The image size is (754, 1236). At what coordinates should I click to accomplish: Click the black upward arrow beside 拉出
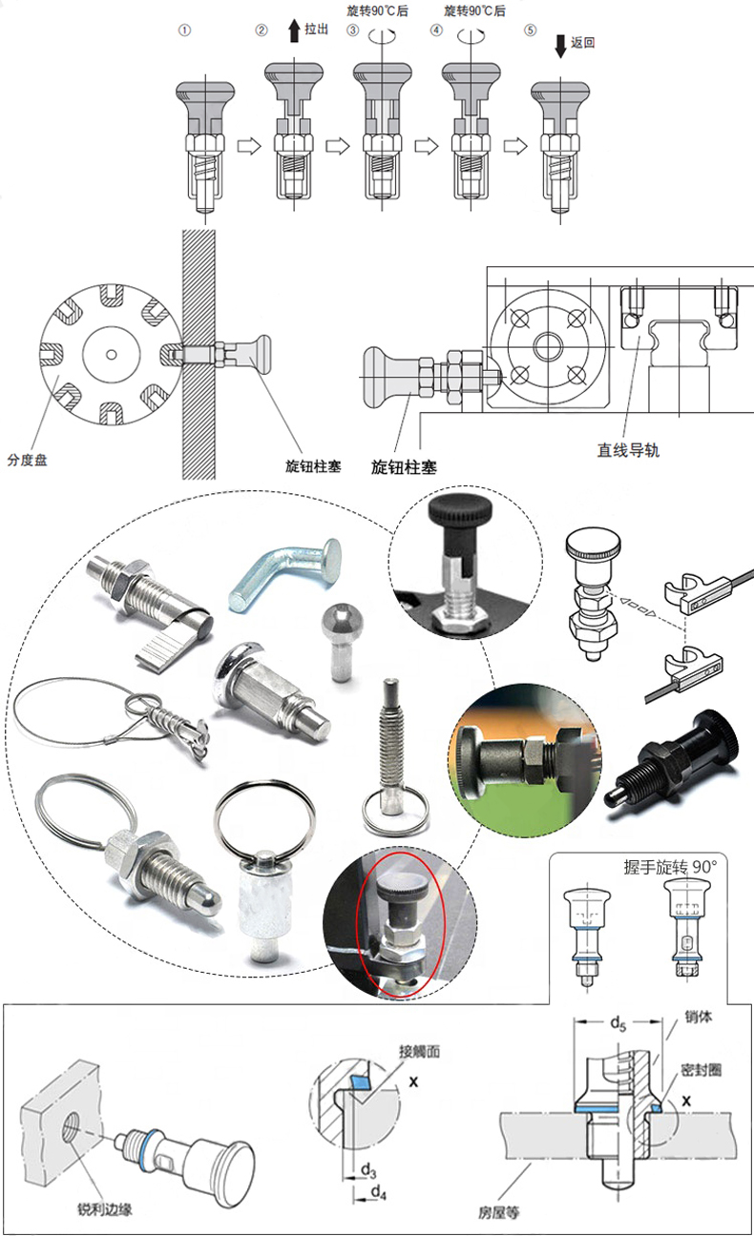coord(294,31)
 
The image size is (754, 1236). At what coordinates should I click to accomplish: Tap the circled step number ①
coord(184,31)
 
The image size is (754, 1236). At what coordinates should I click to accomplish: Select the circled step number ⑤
coord(531,30)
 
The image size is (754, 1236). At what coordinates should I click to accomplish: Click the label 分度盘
coord(27,460)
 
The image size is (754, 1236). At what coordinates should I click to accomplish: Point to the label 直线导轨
coord(628,450)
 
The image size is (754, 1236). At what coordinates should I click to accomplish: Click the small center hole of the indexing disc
coord(111,354)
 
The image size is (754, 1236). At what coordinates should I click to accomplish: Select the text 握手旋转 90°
coord(671,867)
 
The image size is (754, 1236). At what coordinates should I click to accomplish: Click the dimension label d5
coord(618,1023)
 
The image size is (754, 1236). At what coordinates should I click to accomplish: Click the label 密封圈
coord(701,1070)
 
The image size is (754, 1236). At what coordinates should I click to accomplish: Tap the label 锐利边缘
coord(105,1209)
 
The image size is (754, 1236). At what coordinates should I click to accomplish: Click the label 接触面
coord(420,1051)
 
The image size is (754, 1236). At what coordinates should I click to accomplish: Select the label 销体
coord(699,1017)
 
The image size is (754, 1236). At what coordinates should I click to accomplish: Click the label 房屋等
coord(499,1212)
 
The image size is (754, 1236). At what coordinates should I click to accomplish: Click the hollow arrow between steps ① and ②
coord(248,146)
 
